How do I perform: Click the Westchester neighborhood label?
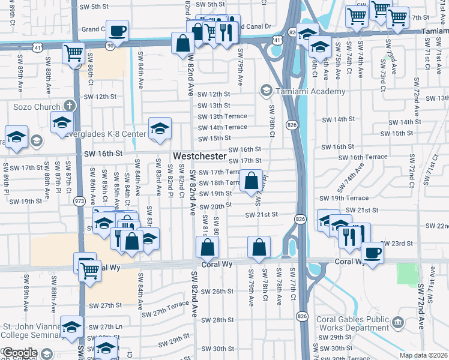pos(200,156)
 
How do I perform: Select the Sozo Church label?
pos(38,106)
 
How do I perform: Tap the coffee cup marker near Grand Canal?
pos(118,29)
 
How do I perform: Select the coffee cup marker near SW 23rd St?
pos(372,251)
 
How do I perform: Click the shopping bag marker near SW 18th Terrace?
pos(252,179)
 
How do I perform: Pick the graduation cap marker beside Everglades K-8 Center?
pos(160,128)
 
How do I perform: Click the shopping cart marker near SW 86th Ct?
pos(73,53)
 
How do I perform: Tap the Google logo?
pos(19,353)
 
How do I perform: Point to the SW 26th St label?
pos(217,292)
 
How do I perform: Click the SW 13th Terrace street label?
pos(222,116)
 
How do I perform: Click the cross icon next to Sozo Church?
pos(70,106)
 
